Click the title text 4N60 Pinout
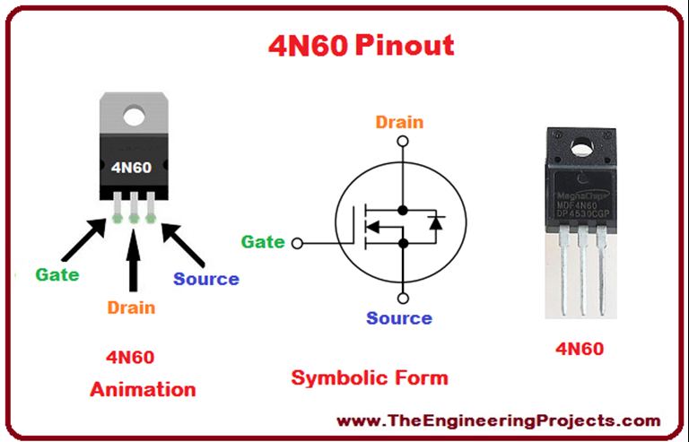362,45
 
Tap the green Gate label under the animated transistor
57,274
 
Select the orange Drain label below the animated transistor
131,308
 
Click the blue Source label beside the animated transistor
206,279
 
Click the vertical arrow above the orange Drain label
134,260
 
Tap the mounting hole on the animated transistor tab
135,116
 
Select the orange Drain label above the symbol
399,123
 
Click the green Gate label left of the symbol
263,241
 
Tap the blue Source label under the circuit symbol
399,318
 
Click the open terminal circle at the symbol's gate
299,242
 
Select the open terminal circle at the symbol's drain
403,143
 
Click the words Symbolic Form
370,377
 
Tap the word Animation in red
143,389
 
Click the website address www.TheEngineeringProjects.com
499,420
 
